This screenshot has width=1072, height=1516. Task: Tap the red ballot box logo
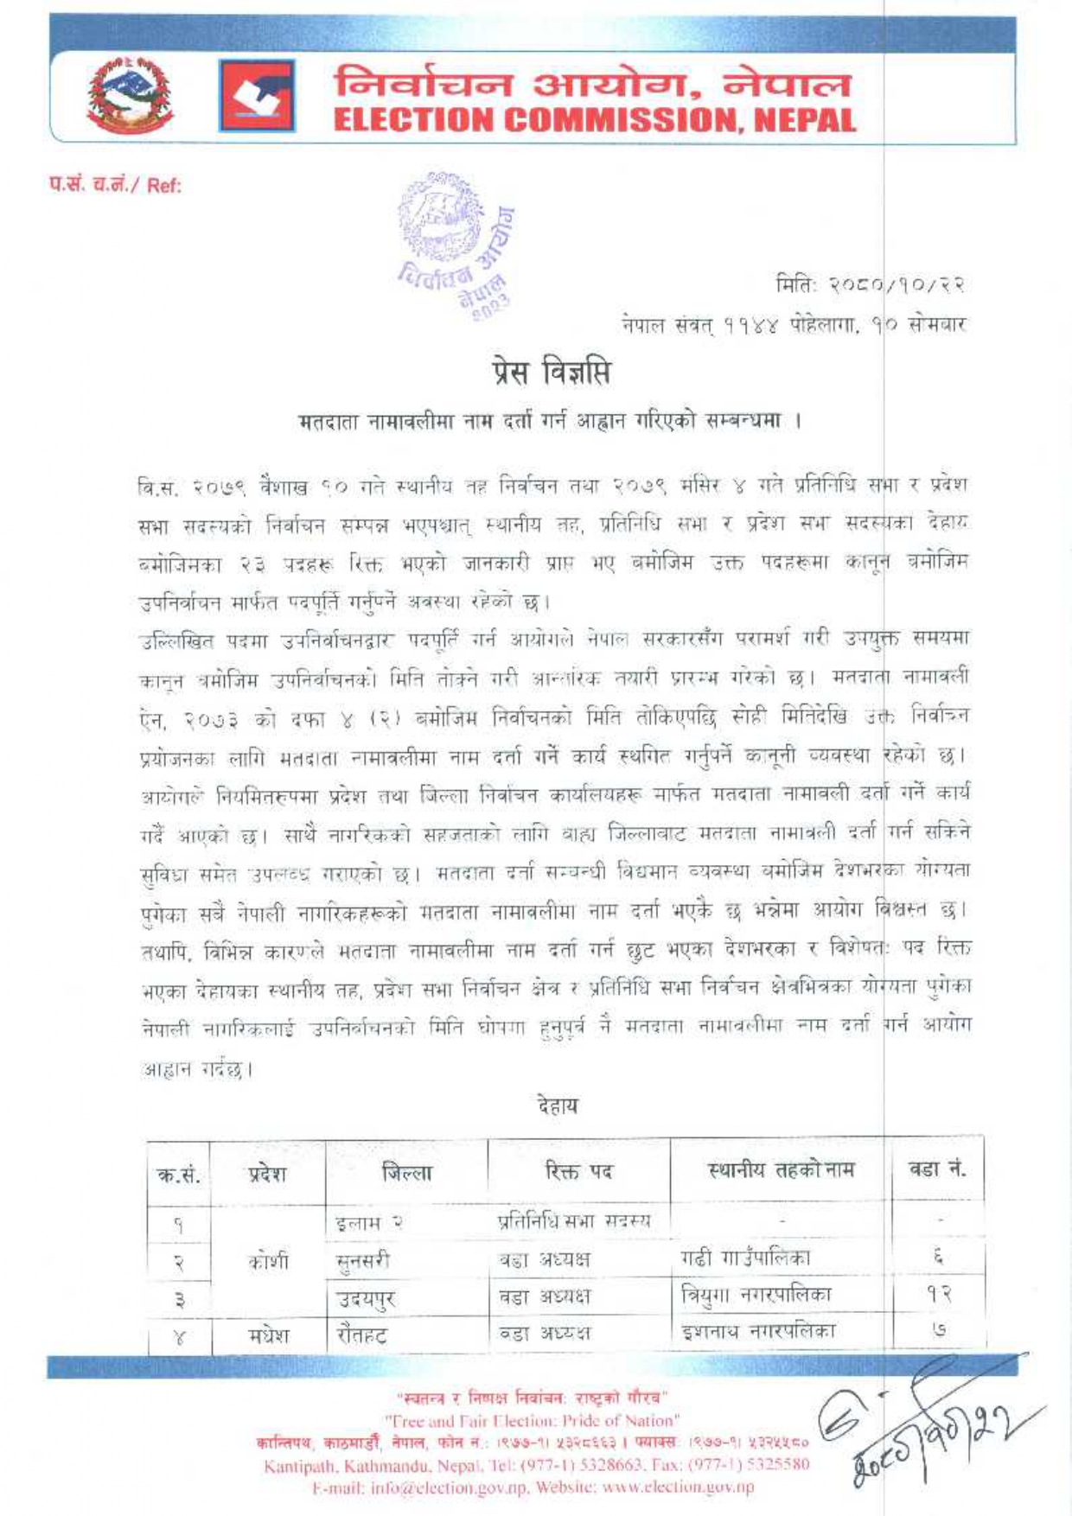[256, 95]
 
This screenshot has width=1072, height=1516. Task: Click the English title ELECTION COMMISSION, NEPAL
[595, 120]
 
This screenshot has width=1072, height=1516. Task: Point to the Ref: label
[116, 185]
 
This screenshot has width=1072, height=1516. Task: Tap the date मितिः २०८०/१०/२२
[870, 284]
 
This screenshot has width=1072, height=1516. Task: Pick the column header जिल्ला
[406, 1173]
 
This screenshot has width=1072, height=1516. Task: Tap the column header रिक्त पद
[578, 1172]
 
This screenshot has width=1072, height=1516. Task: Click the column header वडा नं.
[937, 1170]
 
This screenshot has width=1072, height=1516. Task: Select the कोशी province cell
[268, 1261]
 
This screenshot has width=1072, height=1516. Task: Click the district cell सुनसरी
[363, 1261]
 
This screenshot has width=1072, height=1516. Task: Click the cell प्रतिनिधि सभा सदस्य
[574, 1221]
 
